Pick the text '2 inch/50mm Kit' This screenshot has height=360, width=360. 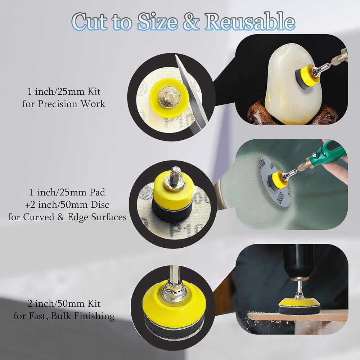coord(64,303)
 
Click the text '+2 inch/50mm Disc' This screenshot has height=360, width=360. coord(67,204)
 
